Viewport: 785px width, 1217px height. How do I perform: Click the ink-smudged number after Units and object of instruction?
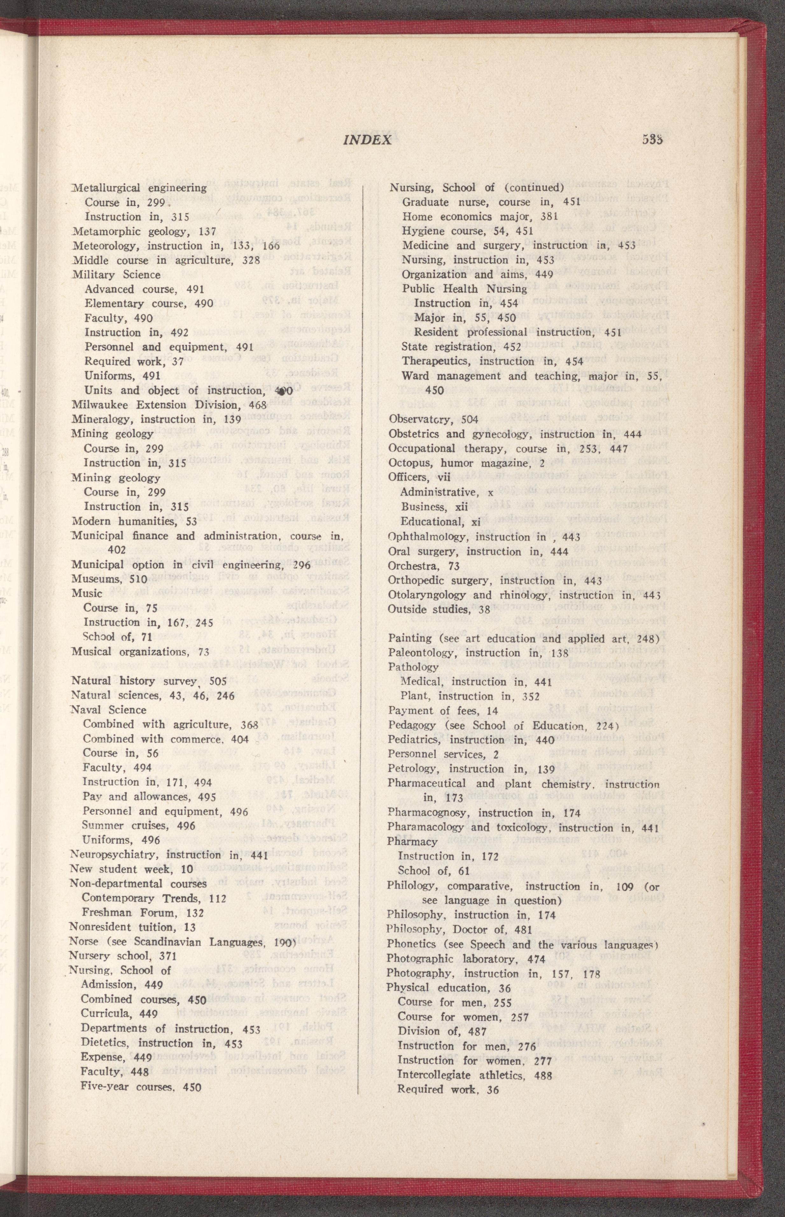coord(280,391)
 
